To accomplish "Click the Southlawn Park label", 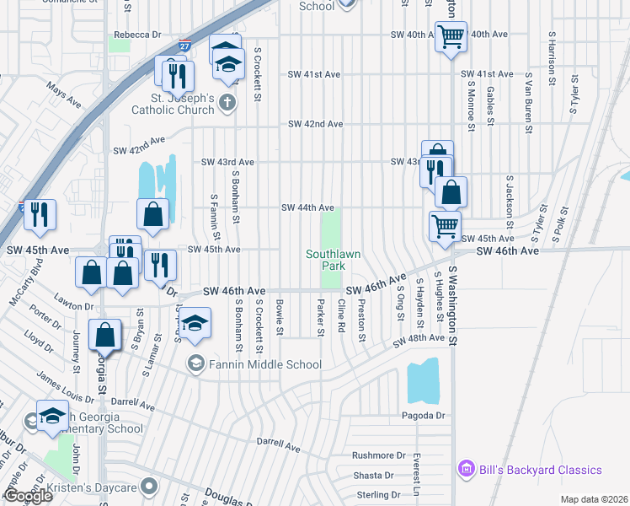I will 325,259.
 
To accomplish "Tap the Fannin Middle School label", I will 264,364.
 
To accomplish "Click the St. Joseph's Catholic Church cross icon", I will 226,102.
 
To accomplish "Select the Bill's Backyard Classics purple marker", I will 463,469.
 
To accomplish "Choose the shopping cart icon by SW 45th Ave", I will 445,224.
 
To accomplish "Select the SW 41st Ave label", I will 314,74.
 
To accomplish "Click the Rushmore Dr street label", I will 378,455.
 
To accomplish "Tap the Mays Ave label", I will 64,95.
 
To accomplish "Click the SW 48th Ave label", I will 418,338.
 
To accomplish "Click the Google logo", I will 28,496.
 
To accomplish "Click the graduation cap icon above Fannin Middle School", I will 195,326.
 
